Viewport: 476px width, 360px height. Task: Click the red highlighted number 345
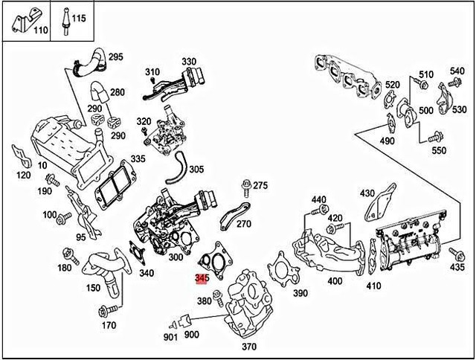[x=201, y=278]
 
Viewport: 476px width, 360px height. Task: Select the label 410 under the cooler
[x=373, y=286]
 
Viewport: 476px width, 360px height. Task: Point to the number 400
[x=335, y=281]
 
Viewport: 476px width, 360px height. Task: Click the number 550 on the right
[x=439, y=150]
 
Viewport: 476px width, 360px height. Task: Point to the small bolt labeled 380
[x=218, y=298]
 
